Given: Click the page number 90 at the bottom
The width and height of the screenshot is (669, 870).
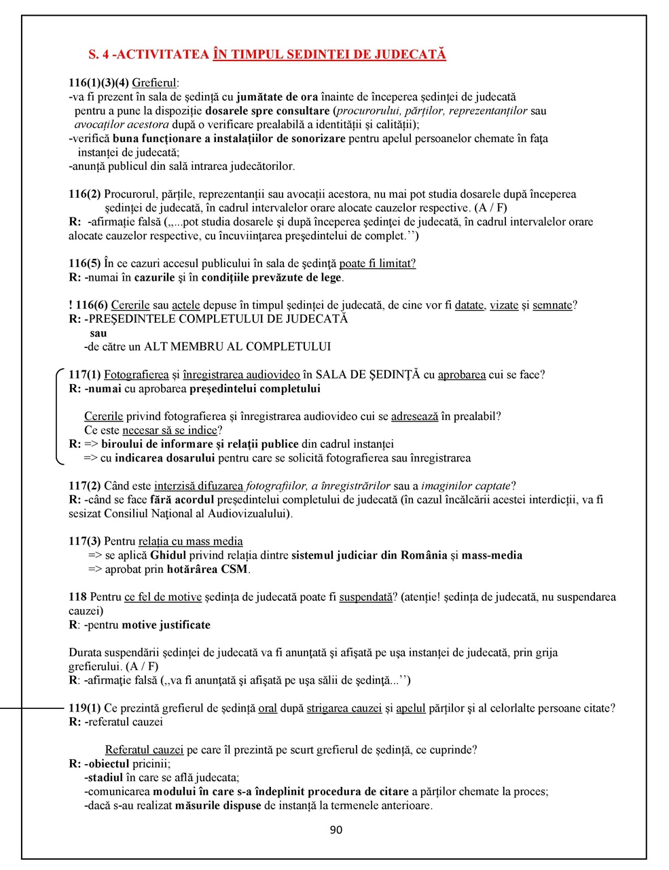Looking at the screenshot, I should click(x=336, y=830).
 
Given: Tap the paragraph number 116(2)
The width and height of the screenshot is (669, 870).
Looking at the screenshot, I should click(x=85, y=194).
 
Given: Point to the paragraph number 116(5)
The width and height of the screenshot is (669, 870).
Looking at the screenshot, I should click(x=85, y=264).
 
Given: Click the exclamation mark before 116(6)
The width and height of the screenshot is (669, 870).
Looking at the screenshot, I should click(x=71, y=305).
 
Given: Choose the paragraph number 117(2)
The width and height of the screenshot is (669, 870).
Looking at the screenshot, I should click(x=85, y=486).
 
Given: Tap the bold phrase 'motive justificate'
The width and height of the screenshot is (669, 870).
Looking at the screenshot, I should click(x=166, y=625).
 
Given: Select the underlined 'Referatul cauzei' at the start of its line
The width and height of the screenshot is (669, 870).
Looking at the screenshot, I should click(x=144, y=750).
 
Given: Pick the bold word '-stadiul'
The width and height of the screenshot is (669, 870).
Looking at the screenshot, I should click(x=104, y=778).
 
